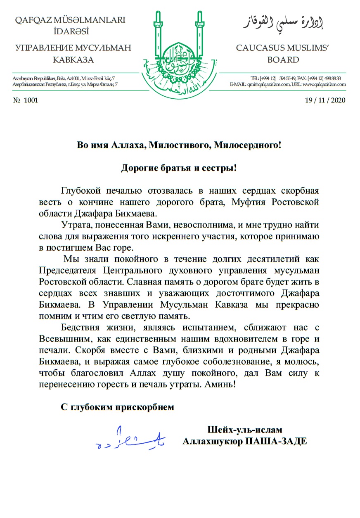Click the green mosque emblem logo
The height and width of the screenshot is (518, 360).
click(x=180, y=56)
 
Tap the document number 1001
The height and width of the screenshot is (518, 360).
click(x=31, y=100)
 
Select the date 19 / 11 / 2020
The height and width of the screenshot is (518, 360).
click(x=325, y=100)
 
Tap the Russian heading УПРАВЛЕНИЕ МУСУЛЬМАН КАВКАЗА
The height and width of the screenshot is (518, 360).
click(x=73, y=54)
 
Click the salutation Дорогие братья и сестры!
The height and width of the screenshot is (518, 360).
click(x=179, y=168)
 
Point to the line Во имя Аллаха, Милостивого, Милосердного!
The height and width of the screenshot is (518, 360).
click(x=179, y=145)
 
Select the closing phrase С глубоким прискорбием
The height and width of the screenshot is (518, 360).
click(x=118, y=407)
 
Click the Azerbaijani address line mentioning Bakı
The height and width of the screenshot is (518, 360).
click(x=64, y=78)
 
